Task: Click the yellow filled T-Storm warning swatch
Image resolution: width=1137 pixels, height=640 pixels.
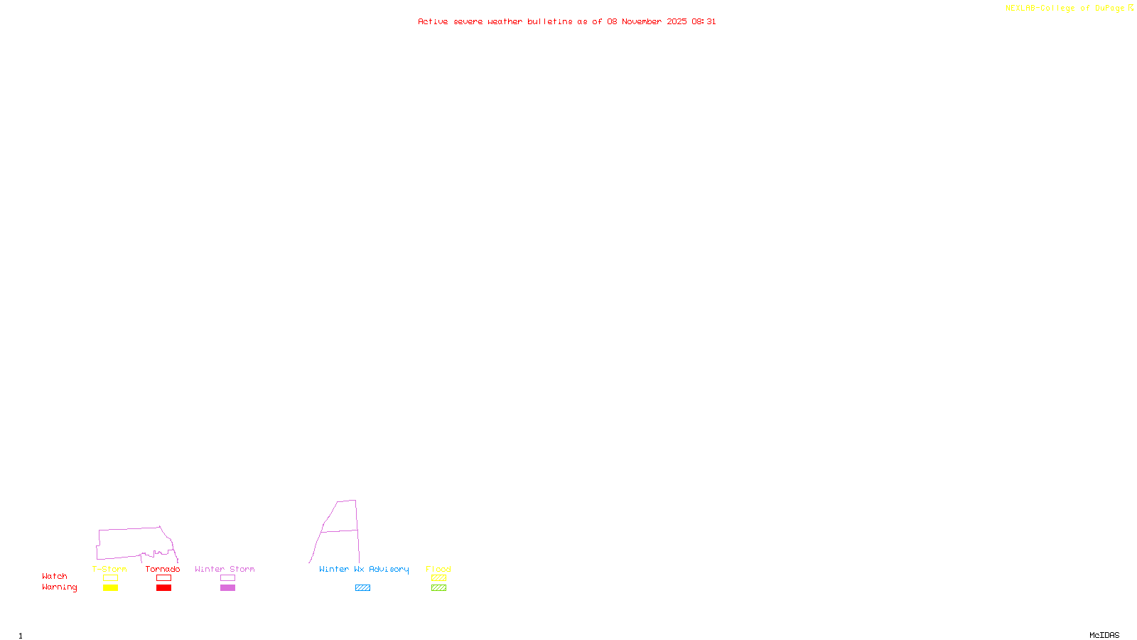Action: [110, 588]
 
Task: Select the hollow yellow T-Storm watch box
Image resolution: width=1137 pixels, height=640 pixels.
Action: [110, 578]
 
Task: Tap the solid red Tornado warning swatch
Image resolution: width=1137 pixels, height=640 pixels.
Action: [163, 588]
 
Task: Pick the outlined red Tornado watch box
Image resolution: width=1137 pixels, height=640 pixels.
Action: [163, 578]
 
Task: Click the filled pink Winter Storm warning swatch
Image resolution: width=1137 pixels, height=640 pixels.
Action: [227, 588]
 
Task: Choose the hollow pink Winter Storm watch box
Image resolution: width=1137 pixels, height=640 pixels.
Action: [227, 578]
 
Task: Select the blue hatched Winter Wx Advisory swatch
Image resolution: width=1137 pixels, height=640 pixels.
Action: [362, 588]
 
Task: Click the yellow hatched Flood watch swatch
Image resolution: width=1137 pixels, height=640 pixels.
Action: [438, 578]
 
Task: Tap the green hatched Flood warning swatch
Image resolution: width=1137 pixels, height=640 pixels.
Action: [438, 588]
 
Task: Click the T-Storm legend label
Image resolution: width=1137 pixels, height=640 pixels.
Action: [109, 569]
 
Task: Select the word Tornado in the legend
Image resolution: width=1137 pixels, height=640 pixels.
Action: [163, 569]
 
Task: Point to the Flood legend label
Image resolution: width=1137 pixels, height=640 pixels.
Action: [438, 569]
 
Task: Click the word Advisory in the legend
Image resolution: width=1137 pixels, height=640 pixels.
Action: [389, 569]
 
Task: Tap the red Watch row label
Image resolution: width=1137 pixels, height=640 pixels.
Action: [55, 577]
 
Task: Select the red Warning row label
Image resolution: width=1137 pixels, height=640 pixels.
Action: [60, 587]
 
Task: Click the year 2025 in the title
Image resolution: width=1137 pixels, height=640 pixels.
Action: [677, 22]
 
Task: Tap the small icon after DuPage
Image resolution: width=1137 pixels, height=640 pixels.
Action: [1131, 9]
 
